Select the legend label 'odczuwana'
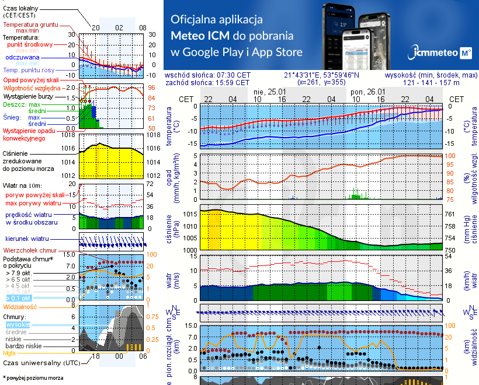pos(22,58)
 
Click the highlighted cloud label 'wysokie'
pos(18,324)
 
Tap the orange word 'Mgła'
pos(9,353)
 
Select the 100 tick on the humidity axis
pos(450,156)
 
